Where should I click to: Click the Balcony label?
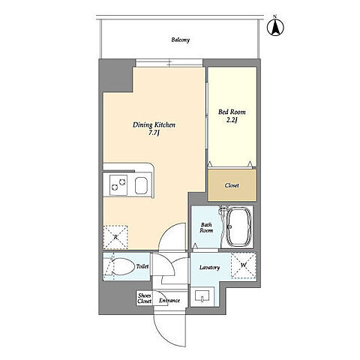click(181, 40)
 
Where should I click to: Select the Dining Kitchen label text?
click(154, 124)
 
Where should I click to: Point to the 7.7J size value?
click(154, 133)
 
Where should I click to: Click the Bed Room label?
click(232, 112)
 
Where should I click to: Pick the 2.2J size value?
click(232, 120)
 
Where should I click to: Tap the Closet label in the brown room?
click(232, 185)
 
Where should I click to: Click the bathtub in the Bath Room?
click(238, 226)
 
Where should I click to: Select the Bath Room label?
click(206, 227)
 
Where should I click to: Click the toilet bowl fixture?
click(121, 267)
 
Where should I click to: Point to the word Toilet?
click(142, 266)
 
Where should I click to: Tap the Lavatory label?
click(209, 268)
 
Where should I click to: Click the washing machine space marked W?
click(244, 265)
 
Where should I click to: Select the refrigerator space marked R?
click(115, 237)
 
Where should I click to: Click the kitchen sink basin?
click(142, 185)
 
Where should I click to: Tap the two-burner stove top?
click(118, 185)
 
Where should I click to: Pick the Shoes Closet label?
click(144, 298)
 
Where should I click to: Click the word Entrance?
click(169, 300)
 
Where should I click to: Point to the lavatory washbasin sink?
click(202, 297)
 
